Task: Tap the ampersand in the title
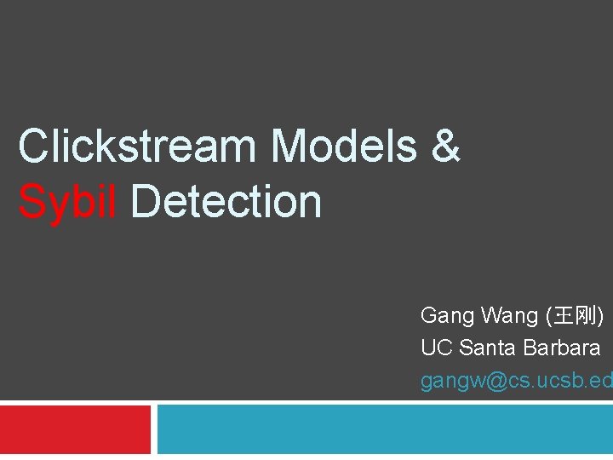click(x=445, y=146)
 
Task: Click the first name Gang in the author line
click(x=447, y=316)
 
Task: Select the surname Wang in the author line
click(x=509, y=316)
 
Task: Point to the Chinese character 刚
click(x=587, y=317)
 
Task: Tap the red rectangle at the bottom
click(x=75, y=430)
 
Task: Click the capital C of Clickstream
click(x=33, y=146)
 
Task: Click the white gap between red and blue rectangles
click(x=154, y=430)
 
